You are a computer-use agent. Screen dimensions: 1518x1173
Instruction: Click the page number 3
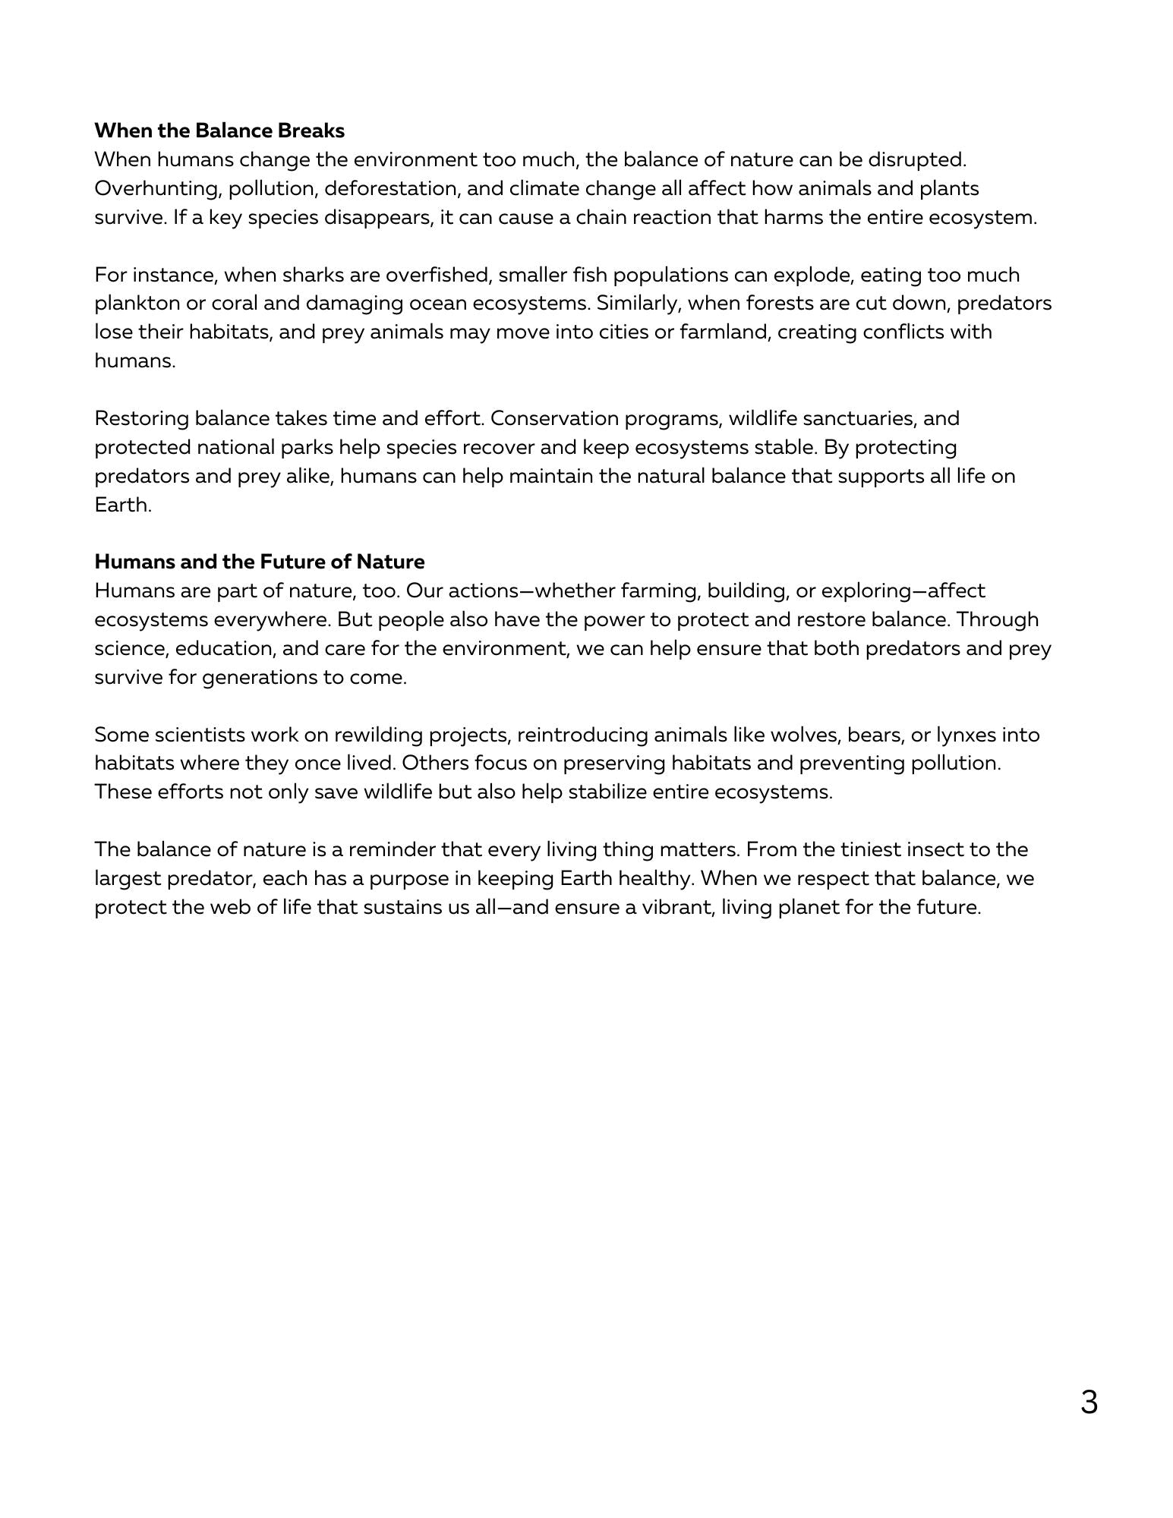[x=1088, y=1402]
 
